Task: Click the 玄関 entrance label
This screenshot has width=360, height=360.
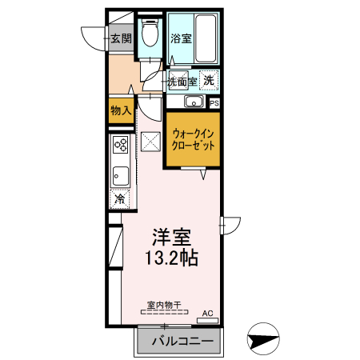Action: pyautogui.click(x=120, y=38)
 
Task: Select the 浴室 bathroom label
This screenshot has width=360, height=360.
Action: pyautogui.click(x=180, y=38)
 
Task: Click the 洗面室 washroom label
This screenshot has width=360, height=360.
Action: pyautogui.click(x=182, y=81)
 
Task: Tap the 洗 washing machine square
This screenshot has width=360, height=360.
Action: pyautogui.click(x=208, y=80)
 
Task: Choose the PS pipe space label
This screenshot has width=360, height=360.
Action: pyautogui.click(x=214, y=102)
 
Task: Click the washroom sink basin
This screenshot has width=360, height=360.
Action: pyautogui.click(x=191, y=102)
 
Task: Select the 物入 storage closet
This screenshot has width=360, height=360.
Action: pyautogui.click(x=120, y=110)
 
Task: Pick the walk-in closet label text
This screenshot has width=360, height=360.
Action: pyautogui.click(x=192, y=140)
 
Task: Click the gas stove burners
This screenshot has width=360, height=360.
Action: pyautogui.click(x=121, y=146)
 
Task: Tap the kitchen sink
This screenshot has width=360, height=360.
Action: pyautogui.click(x=120, y=174)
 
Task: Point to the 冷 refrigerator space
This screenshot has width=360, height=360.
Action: pyautogui.click(x=120, y=198)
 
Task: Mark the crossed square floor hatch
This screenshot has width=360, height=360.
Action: pyautogui.click(x=150, y=142)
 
